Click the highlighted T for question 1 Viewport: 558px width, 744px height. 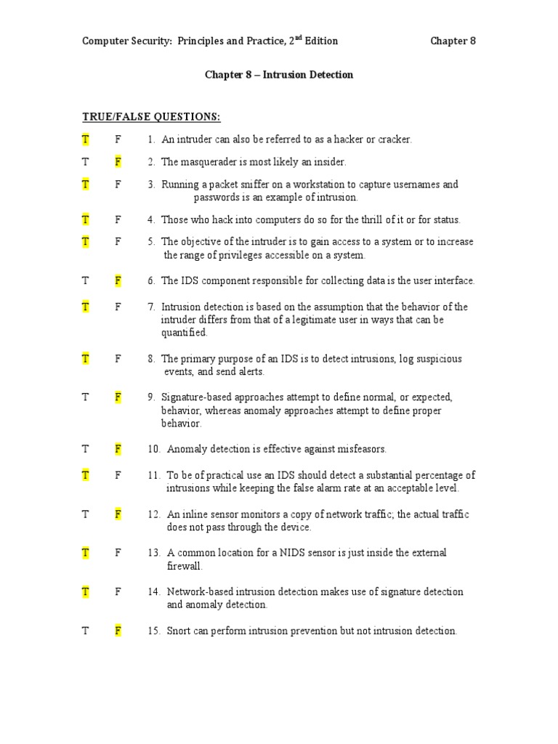pyautogui.click(x=86, y=139)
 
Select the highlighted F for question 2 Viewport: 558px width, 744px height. pyautogui.click(x=118, y=162)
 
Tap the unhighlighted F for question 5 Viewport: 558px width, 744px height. pyautogui.click(x=118, y=242)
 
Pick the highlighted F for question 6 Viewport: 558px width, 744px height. pyautogui.click(x=118, y=280)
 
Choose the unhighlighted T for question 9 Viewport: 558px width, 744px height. pyautogui.click(x=86, y=397)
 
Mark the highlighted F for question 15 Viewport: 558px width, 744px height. pyautogui.click(x=118, y=631)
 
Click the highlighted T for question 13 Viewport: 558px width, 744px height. pyautogui.click(x=86, y=553)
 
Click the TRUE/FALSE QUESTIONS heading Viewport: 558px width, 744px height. pyautogui.click(x=151, y=117)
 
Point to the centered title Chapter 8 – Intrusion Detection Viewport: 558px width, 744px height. pyautogui.click(x=279, y=75)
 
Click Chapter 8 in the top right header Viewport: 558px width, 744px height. pyautogui.click(x=453, y=41)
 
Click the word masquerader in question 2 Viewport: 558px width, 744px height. pyautogui.click(x=207, y=162)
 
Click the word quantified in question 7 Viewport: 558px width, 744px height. pyautogui.click(x=185, y=333)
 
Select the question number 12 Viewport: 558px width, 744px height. pyautogui.click(x=153, y=514)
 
